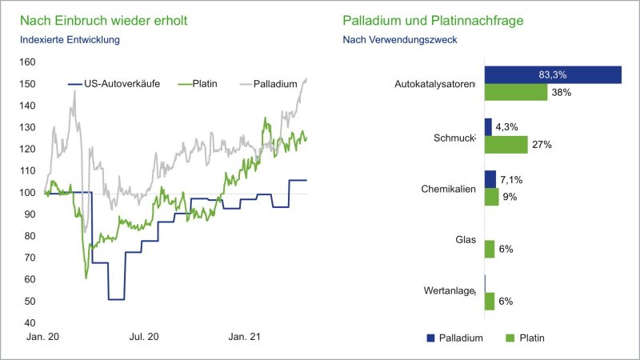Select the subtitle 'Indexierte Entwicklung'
[x=70, y=39]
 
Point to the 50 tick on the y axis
[x=30, y=302]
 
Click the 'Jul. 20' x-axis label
[x=145, y=338]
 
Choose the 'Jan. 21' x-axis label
[x=245, y=338]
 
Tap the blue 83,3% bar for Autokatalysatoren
[x=553, y=74]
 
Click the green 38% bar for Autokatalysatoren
[x=516, y=92]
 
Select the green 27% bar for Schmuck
[x=506, y=145]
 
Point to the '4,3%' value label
[x=509, y=127]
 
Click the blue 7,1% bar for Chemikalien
[x=490, y=179]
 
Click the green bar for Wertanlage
[x=490, y=301]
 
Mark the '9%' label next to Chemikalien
[x=510, y=197]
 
